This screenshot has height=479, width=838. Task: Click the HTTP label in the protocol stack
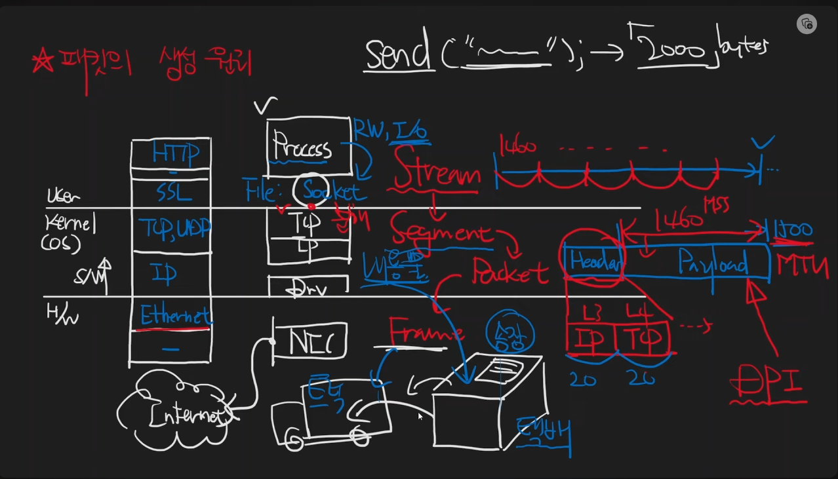coord(175,153)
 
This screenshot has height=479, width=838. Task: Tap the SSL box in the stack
coord(173,192)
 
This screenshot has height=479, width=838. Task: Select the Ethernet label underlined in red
coord(175,316)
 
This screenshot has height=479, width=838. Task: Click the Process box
coord(303,148)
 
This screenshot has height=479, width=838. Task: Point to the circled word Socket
coord(330,192)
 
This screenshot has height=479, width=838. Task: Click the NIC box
coord(309,341)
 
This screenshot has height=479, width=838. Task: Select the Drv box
coord(308,287)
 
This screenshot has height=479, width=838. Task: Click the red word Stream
coord(437,174)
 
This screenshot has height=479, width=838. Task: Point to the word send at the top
coord(398,54)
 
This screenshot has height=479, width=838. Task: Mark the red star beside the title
coord(43,62)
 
